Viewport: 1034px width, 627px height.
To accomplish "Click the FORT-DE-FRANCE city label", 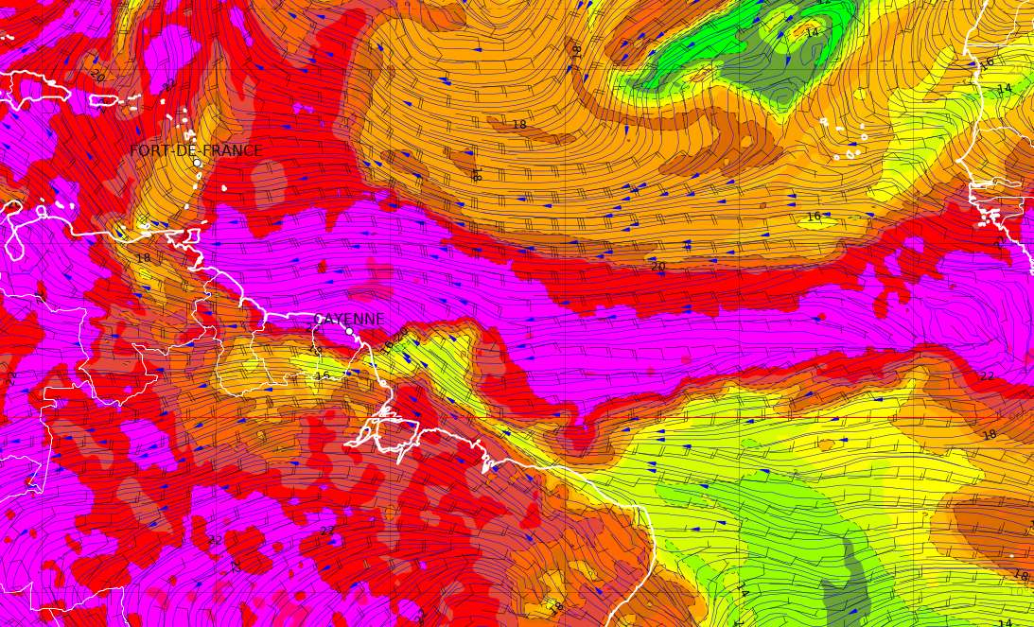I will (x=196, y=150).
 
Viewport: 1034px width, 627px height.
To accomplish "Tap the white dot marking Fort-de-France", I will (x=197, y=163).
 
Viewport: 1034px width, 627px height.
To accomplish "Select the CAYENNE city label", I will (x=349, y=320).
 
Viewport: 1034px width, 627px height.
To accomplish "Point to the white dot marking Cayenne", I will (x=349, y=331).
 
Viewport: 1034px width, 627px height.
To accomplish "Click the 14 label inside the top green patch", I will (x=812, y=33).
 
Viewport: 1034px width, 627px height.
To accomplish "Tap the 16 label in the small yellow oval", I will (x=814, y=217).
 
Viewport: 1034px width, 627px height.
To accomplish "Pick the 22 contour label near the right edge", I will (x=987, y=376).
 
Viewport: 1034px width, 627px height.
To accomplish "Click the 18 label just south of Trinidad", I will (x=143, y=258).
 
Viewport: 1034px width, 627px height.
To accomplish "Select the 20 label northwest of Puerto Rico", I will (x=96, y=75).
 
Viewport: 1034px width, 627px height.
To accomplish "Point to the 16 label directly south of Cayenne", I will (x=322, y=375).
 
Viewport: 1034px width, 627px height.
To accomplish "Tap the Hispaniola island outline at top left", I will (x=38, y=88).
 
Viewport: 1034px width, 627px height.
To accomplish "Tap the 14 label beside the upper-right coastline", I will (x=1004, y=89).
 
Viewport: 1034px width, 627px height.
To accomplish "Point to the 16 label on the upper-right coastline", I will (x=988, y=63).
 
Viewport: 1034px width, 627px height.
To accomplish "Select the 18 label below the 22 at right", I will (x=990, y=435).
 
